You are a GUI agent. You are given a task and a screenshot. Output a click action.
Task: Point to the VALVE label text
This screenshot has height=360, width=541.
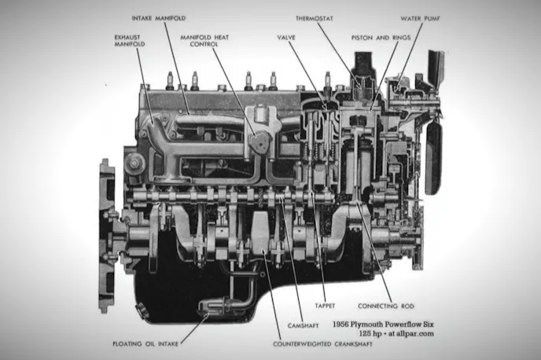pyautogui.click(x=286, y=37)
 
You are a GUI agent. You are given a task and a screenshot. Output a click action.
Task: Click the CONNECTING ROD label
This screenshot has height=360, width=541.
pyautogui.click(x=386, y=306)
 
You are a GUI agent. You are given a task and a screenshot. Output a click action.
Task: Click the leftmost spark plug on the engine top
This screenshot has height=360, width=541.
pyautogui.click(x=169, y=80)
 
